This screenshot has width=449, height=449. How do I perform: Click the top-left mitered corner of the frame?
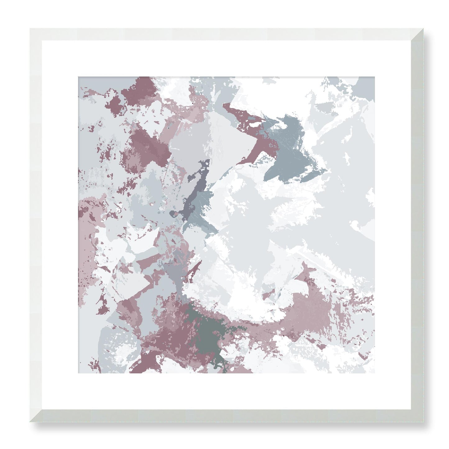[x=36, y=34]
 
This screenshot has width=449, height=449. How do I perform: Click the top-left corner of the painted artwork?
[x=78, y=77]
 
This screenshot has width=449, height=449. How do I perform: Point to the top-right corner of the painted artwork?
[x=374, y=77]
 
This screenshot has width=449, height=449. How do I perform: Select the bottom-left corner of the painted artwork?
[x=78, y=373]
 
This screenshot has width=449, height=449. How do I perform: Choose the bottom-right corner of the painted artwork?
[x=374, y=373]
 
